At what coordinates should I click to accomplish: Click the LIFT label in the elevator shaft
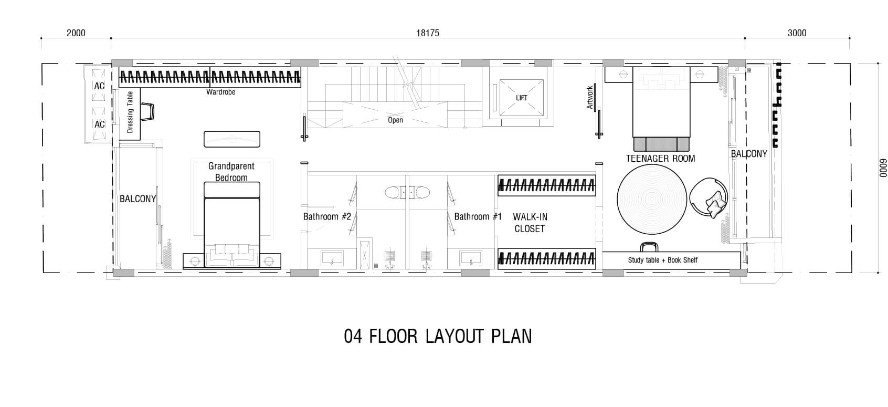point(521,98)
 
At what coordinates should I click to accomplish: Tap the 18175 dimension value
point(428,33)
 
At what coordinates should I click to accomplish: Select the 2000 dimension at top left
point(76,33)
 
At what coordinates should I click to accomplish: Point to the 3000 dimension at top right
point(797,33)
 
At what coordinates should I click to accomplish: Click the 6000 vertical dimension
point(883,168)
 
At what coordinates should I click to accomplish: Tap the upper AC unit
point(99,86)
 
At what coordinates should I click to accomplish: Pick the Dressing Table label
point(130,112)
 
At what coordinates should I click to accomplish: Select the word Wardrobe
point(221,92)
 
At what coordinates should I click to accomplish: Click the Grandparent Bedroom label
point(231,172)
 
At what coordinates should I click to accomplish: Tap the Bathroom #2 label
point(327,216)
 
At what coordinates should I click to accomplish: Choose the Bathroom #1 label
point(478,216)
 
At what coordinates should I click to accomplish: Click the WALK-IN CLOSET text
point(530,223)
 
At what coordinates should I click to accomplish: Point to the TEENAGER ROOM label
point(660,159)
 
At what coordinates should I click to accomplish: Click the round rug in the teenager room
point(652,200)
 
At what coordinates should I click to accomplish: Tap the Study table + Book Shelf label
point(662,260)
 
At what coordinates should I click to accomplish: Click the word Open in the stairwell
point(395,120)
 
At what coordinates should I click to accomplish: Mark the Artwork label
point(590,97)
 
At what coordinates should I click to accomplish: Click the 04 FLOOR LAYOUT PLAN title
point(438,337)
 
